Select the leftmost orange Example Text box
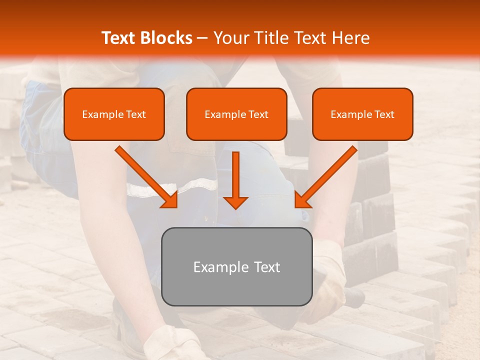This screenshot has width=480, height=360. [114, 114]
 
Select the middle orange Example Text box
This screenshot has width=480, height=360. [236, 114]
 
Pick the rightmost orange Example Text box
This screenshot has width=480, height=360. [362, 114]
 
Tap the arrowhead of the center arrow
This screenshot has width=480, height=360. [235, 202]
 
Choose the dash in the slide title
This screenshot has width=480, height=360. [202, 38]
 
